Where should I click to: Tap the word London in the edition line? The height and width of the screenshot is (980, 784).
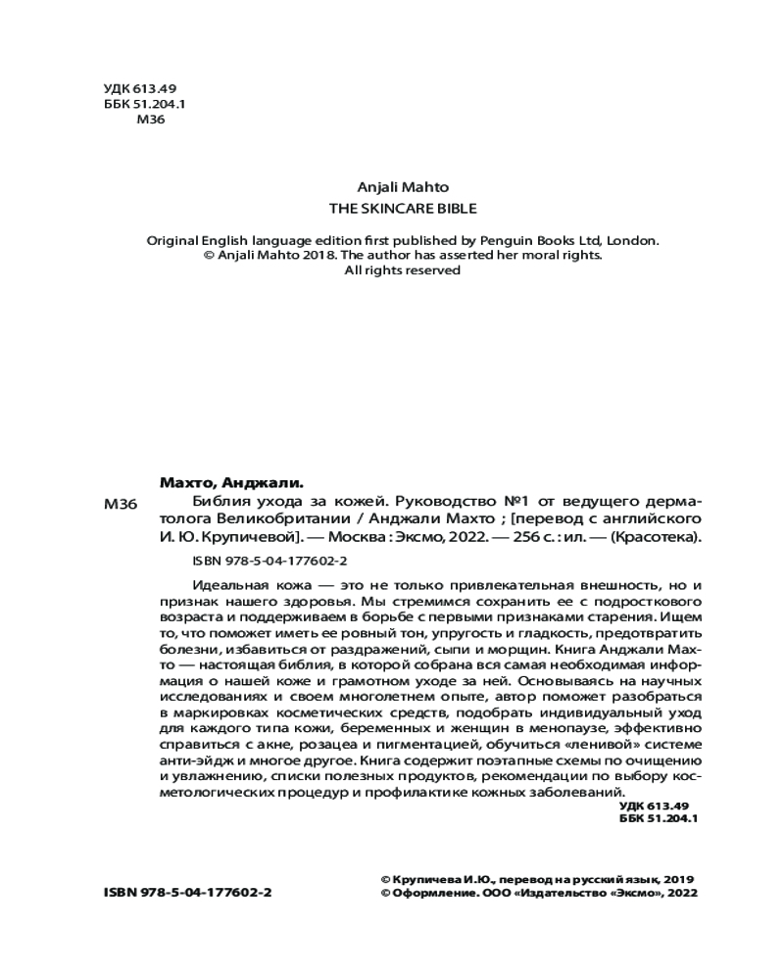coord(633,239)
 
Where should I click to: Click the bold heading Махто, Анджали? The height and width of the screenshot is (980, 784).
coord(231,482)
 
